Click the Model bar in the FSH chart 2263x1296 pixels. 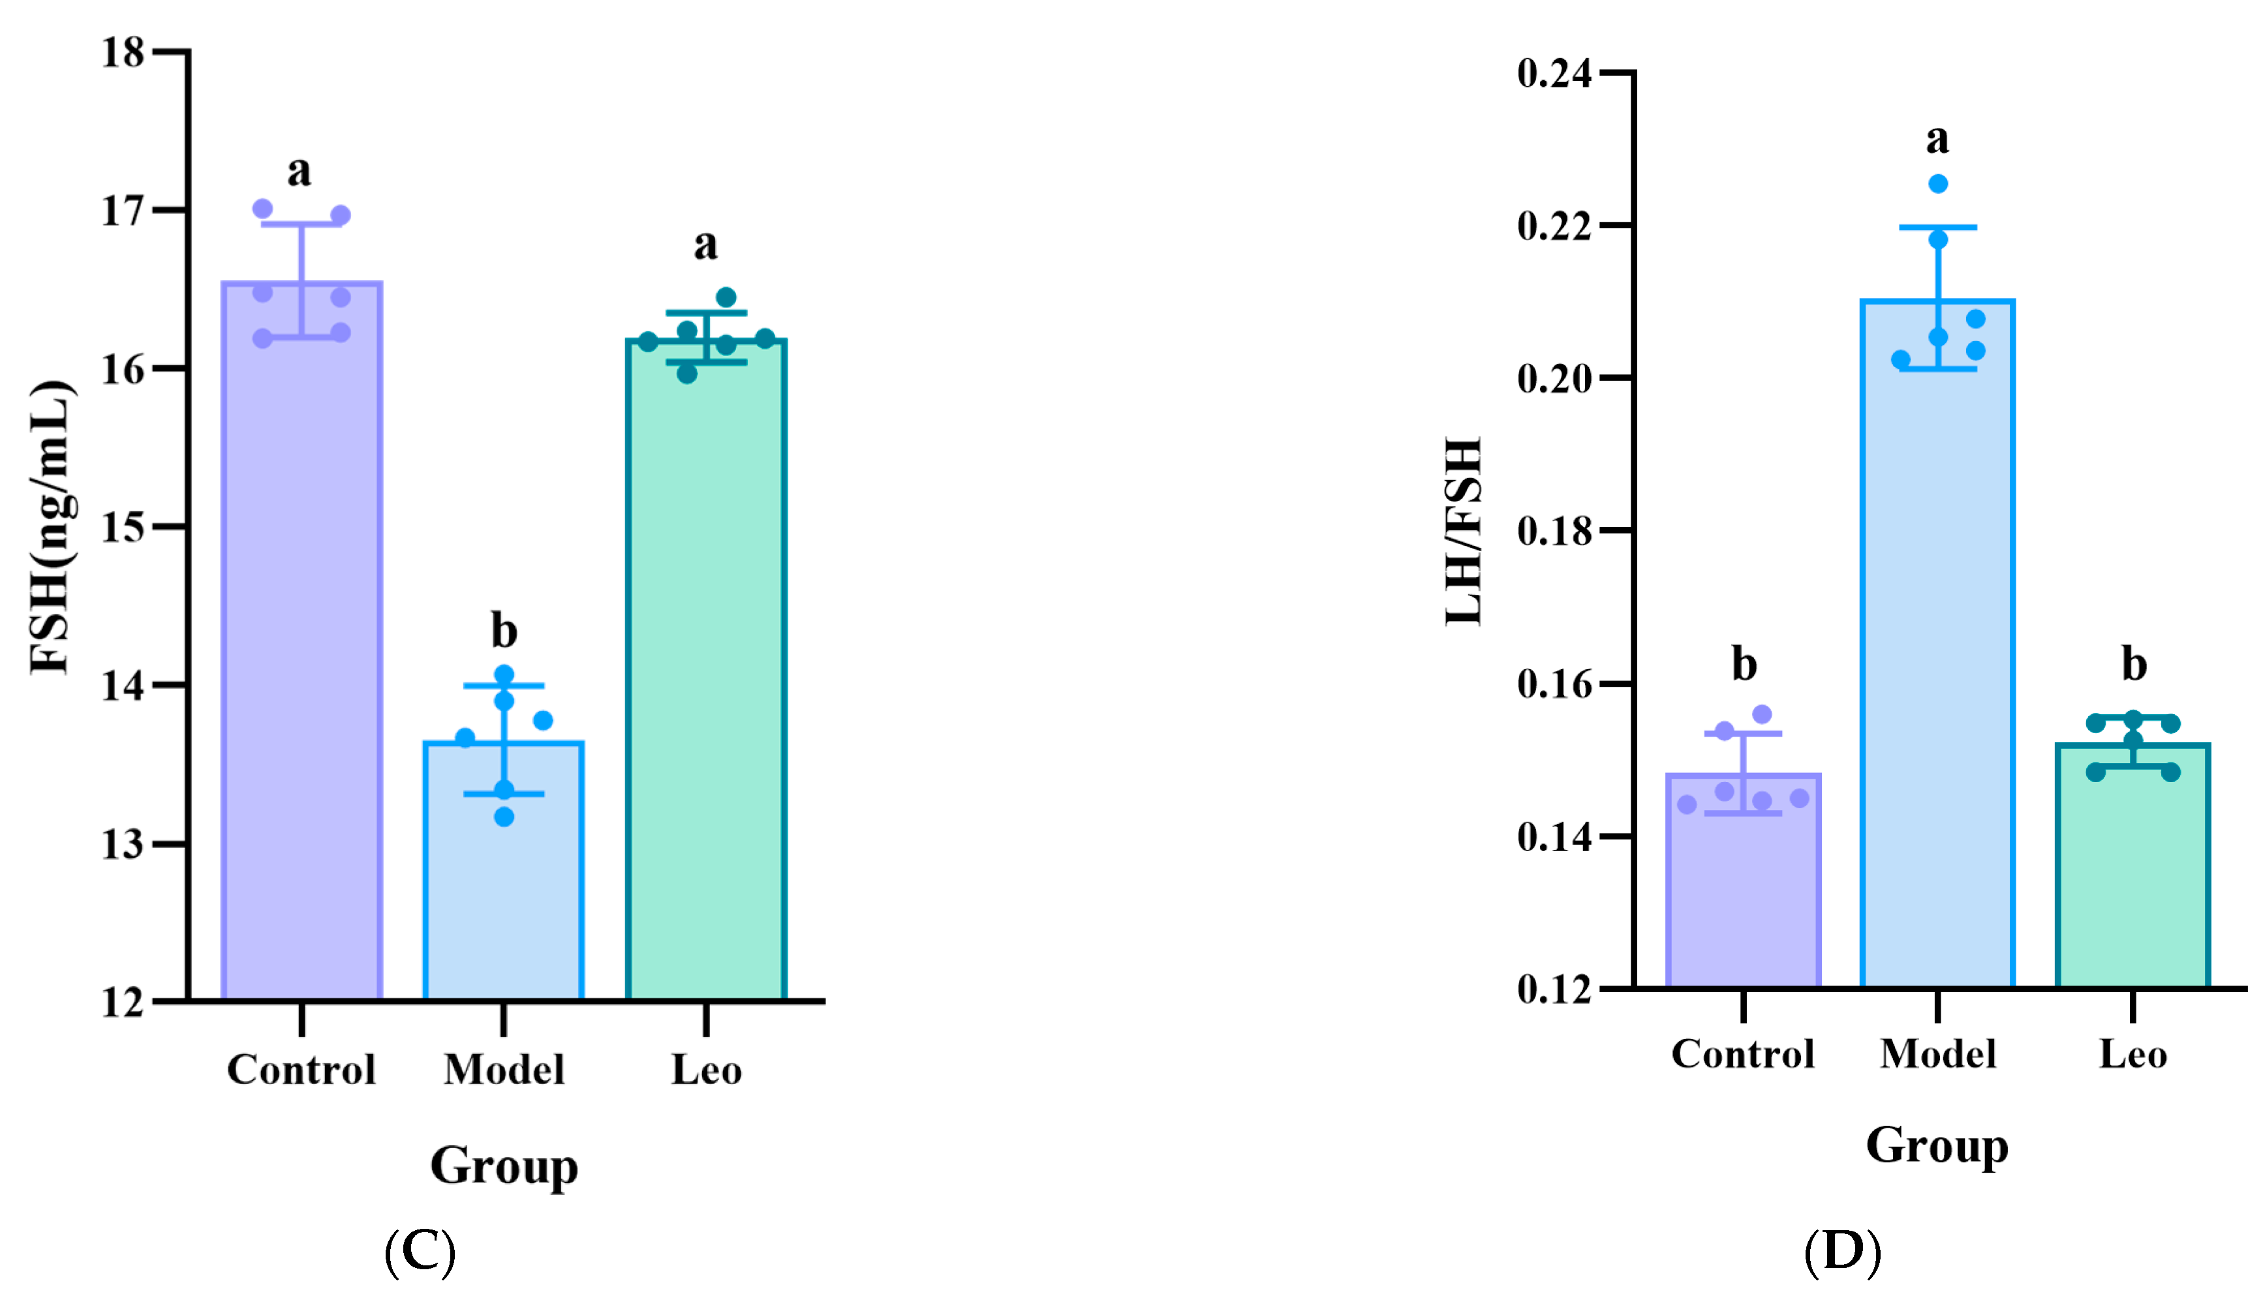[503, 890]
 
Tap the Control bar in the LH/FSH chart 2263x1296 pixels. [1743, 899]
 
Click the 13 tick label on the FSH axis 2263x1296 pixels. [123, 844]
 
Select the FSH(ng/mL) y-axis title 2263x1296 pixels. [51, 527]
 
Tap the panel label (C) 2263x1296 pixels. [420, 1252]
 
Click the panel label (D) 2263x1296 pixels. [1842, 1252]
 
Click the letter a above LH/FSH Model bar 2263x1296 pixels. [1937, 139]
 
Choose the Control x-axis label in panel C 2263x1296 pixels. [301, 1069]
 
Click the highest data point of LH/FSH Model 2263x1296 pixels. [1938, 184]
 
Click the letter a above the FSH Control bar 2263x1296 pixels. [299, 171]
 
